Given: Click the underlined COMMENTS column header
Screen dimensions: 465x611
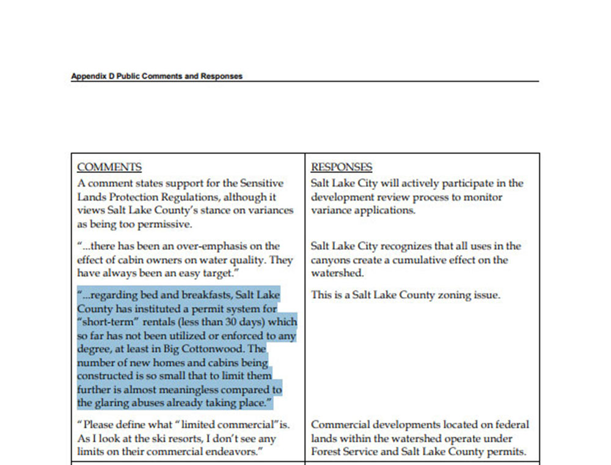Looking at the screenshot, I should click(109, 167).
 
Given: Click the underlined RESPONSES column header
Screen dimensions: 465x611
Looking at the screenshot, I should click(342, 167).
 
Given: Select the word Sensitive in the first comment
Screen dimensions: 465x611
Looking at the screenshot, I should click(262, 183).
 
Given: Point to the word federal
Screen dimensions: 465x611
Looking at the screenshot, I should click(510, 425).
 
